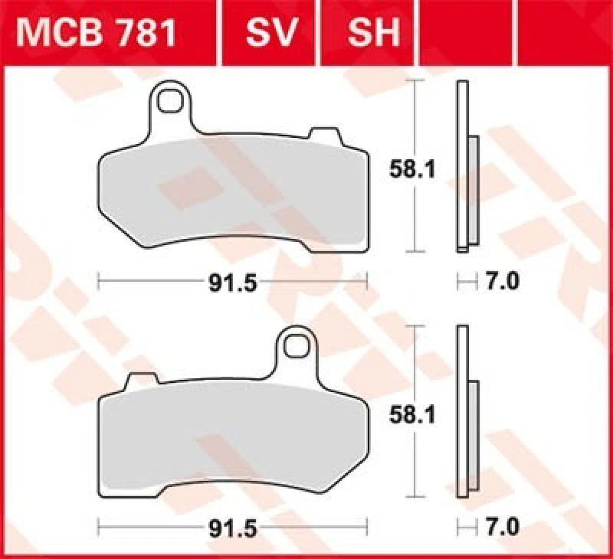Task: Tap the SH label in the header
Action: coord(373,32)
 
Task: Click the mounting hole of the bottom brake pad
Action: coord(294,346)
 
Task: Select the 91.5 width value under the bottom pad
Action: coord(231,528)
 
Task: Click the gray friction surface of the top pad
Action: coord(230,191)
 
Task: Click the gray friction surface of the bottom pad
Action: coord(230,436)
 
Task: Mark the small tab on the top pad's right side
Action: coord(320,134)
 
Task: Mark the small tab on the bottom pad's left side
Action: coord(139,380)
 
